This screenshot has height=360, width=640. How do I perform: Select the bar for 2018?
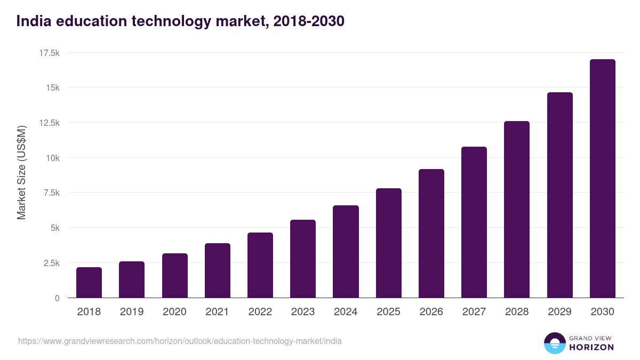click(89, 283)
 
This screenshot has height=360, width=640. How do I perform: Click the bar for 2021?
click(218, 270)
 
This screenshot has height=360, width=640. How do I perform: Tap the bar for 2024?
click(346, 252)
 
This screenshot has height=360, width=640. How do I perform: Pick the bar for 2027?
click(474, 222)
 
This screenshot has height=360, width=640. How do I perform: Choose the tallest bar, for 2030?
click(602, 179)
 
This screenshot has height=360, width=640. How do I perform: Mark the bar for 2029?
click(559, 195)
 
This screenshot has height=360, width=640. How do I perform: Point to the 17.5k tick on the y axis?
click(50, 53)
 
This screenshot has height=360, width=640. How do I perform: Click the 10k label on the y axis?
click(52, 158)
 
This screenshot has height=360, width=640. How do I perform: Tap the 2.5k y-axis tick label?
click(50, 263)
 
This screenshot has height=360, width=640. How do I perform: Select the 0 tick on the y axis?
click(57, 298)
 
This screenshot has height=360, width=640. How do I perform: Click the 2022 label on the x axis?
click(260, 312)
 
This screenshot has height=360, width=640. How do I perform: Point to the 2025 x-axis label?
click(388, 312)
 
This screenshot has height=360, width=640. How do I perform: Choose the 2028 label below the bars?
click(517, 312)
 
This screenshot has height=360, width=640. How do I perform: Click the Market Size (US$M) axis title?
click(21, 173)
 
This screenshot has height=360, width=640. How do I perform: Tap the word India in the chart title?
click(35, 21)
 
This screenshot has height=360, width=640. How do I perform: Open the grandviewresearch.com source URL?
click(180, 341)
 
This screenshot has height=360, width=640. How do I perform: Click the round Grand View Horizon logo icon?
click(554, 343)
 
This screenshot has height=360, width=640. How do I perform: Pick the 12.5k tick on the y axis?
click(50, 123)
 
